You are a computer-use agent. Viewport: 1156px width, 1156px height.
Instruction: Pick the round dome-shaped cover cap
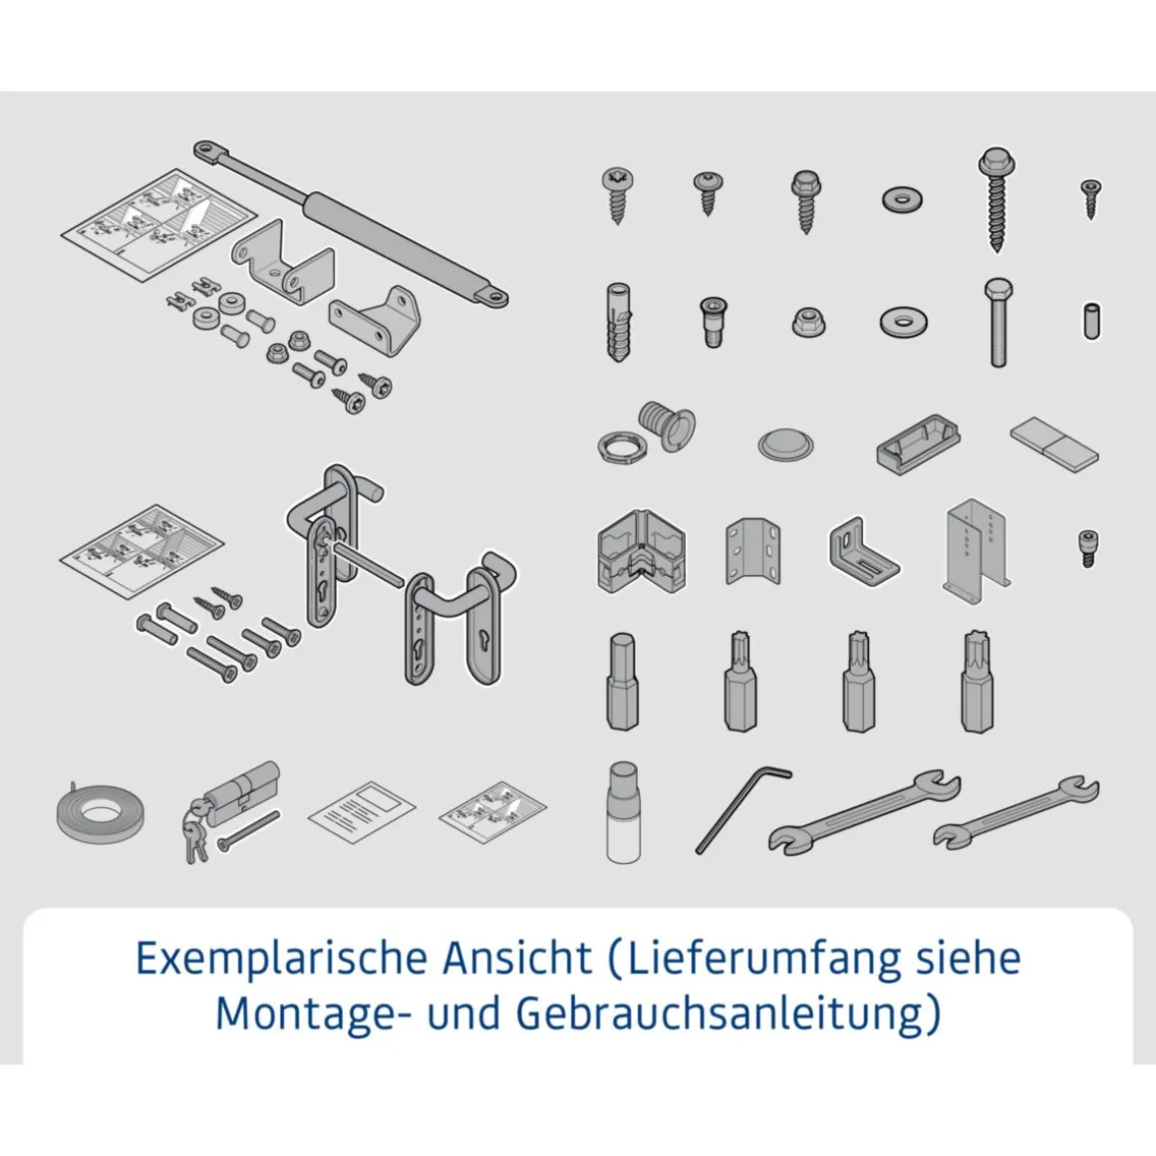pyautogui.click(x=785, y=443)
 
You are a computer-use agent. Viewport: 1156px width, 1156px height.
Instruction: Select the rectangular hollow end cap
pyautogui.click(x=919, y=445)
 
